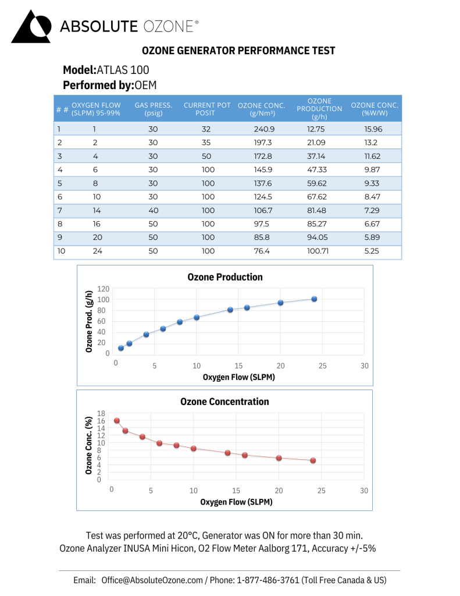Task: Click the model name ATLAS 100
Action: pyautogui.click(x=123, y=70)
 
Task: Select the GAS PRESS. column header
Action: pyautogui.click(x=153, y=109)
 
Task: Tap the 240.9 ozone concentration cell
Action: pyautogui.click(x=261, y=129)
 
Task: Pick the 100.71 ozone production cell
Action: pyautogui.click(x=318, y=251)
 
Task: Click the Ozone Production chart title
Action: pyautogui.click(x=225, y=277)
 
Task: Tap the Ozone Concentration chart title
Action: pyautogui.click(x=224, y=402)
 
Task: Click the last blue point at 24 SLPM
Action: pyautogui.click(x=314, y=299)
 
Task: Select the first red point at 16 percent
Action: pyautogui.click(x=117, y=420)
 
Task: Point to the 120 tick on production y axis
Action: pyautogui.click(x=104, y=289)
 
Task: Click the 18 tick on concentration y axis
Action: pyautogui.click(x=102, y=413)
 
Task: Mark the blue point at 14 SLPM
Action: pyautogui.click(x=230, y=310)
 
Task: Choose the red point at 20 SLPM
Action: pyautogui.click(x=279, y=458)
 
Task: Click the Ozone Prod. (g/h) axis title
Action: pyautogui.click(x=89, y=321)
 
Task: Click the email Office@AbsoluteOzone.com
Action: pyautogui.click(x=152, y=580)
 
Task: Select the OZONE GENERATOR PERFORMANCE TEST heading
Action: pyautogui.click(x=238, y=51)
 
